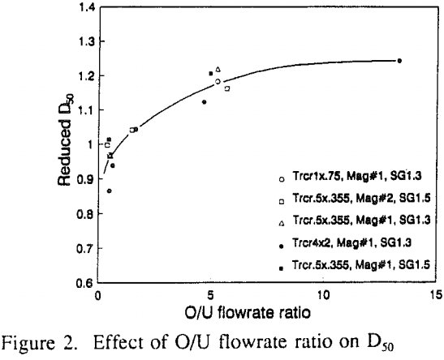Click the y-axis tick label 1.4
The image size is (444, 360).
(83, 8)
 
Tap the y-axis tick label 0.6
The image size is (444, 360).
(83, 283)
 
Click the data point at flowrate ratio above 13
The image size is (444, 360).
(399, 61)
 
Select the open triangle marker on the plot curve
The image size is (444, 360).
(218, 70)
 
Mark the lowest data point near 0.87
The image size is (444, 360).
(109, 191)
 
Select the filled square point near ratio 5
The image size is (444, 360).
(210, 74)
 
